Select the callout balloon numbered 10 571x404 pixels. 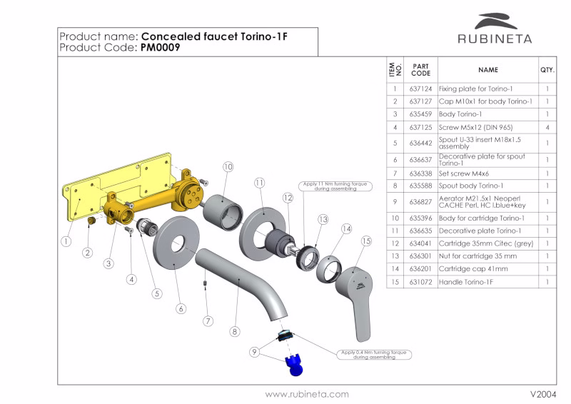(228, 166)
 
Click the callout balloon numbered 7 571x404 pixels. (208, 320)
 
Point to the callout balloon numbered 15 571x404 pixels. (367, 241)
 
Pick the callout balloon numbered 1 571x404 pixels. (66, 241)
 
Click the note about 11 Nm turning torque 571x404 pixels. (334, 186)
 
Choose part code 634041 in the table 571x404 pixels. (421, 243)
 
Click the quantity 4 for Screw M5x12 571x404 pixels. (547, 127)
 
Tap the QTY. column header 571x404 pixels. (547, 70)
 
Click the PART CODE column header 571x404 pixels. (421, 70)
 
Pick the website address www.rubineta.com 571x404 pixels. (307, 394)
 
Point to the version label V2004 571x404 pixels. (542, 394)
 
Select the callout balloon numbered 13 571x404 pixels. (323, 219)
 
